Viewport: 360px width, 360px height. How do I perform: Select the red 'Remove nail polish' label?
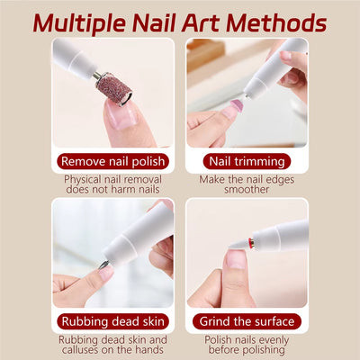(112, 161)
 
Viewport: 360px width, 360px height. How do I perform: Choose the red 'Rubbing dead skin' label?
(112, 321)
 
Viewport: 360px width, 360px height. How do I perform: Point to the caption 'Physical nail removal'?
(112, 179)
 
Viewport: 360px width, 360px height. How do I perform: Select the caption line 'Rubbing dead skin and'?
(112, 339)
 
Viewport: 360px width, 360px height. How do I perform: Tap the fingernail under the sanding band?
(122, 115)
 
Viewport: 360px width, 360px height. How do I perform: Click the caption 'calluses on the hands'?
(112, 351)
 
